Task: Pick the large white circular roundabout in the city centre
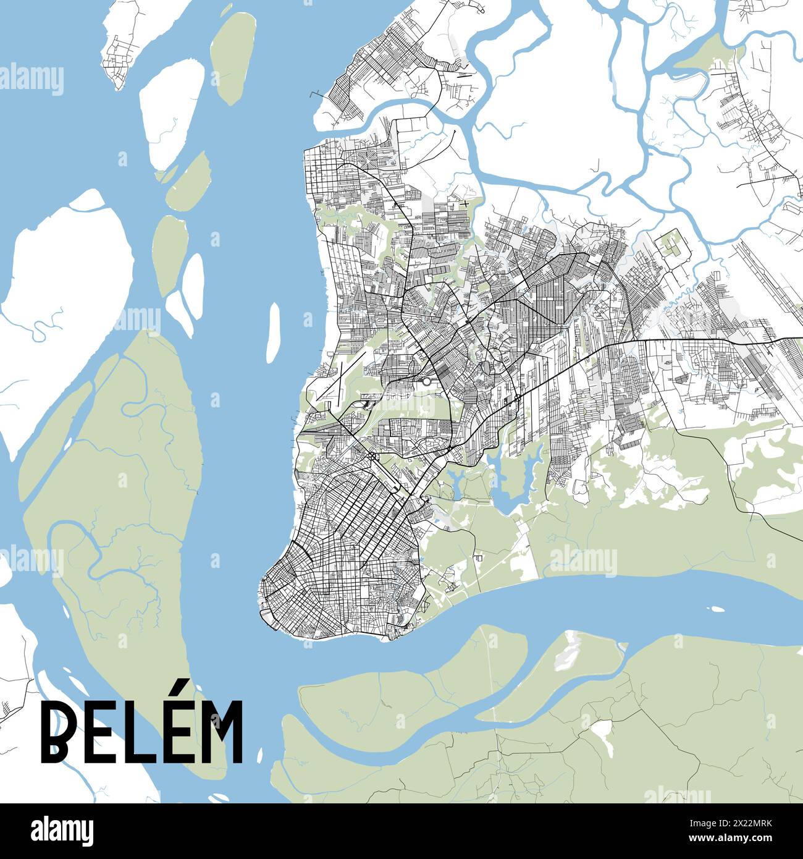pyautogui.click(x=426, y=381)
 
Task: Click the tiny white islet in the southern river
pyautogui.click(x=717, y=609)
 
